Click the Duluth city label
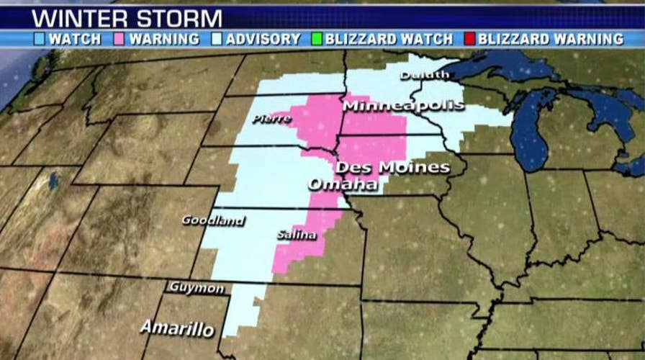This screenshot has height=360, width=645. pos(425,74)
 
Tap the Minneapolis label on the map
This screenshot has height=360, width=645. pos(403,106)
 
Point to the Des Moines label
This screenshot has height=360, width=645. pos(393,167)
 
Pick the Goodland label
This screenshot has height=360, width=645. pos(212,220)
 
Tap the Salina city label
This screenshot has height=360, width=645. pos(294,235)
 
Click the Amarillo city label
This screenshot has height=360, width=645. pos(177,328)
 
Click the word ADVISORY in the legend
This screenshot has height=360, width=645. pos(262,38)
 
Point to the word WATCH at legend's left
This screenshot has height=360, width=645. pos(75,38)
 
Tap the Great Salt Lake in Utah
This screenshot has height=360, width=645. pos(53,180)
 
